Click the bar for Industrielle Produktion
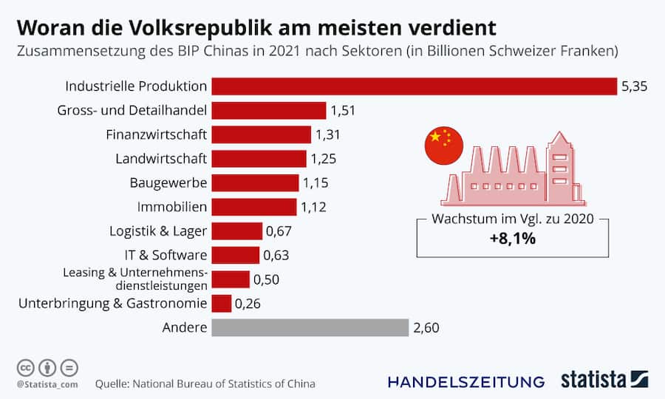pos(414,86)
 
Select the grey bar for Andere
pos(310,327)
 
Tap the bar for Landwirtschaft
pos(259,159)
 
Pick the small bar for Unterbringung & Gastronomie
pos(221,303)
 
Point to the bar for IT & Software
pos(235,255)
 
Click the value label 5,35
pos(634,86)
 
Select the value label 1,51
pos(344,111)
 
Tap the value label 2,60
pos(426,327)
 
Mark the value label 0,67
pos(279,231)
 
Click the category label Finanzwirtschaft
pos(157,134)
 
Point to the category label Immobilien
pos(172,207)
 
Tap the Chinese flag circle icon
pos(443,146)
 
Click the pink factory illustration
pos(514,174)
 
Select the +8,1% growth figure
pos(513,239)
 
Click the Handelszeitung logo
pos(465,381)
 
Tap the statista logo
pos(604,380)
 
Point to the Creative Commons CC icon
pos(25,367)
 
